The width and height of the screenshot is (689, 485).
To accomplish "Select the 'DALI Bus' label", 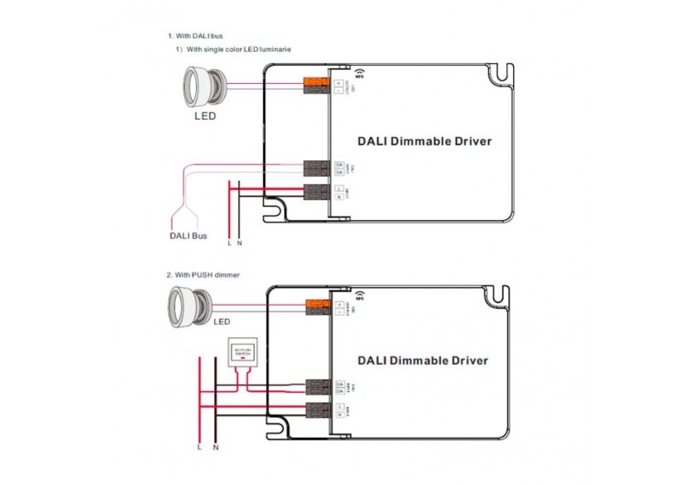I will tap(188, 236).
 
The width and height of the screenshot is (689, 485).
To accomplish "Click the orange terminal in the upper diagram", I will tap(316, 81).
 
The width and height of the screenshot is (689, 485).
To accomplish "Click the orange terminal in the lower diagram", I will tap(316, 303).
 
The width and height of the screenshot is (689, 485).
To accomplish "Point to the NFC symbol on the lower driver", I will tap(362, 295).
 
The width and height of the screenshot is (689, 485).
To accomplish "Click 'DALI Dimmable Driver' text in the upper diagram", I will tap(424, 141).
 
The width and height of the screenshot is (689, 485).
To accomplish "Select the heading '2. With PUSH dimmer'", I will tap(203, 274).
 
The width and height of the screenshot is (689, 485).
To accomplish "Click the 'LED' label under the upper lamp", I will tap(205, 116).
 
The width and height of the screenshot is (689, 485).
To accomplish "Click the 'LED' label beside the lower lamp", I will tap(222, 321).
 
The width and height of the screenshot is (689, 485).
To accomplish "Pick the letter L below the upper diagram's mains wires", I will tap(229, 243).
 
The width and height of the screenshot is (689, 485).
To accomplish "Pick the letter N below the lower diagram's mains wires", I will tap(216, 448).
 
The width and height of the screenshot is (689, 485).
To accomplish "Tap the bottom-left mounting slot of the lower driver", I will tap(286, 425).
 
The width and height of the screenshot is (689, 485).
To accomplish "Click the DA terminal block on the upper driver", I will tap(316, 169).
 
